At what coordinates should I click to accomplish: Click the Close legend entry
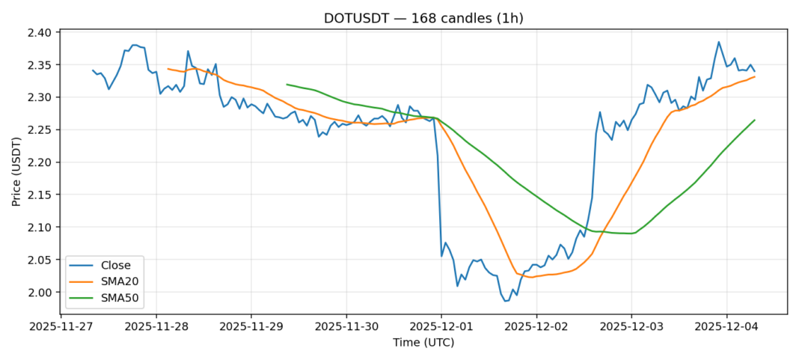[116, 265]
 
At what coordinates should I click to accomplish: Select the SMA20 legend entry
[120, 281]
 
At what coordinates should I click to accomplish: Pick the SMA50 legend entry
[120, 297]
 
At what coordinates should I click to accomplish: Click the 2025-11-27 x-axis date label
[61, 327]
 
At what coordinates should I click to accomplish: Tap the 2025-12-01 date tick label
[441, 327]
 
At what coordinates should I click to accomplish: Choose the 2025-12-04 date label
[726, 327]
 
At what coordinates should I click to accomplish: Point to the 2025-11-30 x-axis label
[346, 327]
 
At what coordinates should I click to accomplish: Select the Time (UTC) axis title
[423, 343]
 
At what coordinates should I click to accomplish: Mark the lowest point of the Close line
[506, 301]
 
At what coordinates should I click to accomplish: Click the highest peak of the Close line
[719, 42]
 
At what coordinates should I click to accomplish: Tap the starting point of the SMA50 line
[287, 85]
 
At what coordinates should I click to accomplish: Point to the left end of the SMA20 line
[168, 69]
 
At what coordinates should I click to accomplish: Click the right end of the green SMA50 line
[754, 120]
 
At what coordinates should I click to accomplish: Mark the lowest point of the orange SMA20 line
[530, 277]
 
